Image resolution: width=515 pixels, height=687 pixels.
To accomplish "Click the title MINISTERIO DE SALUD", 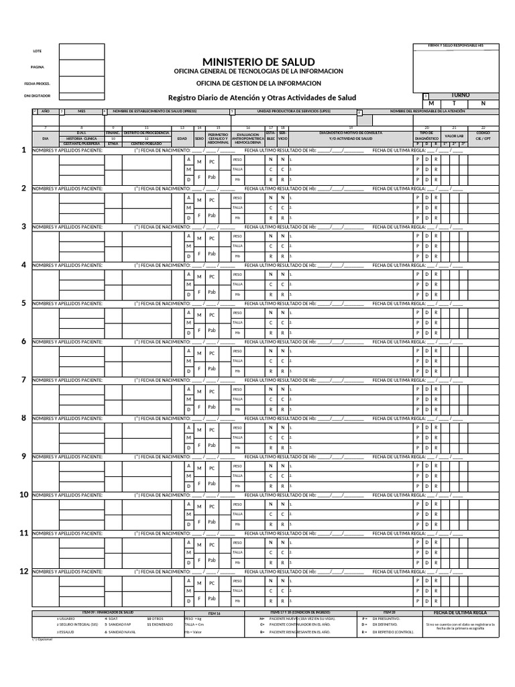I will [x=258, y=62].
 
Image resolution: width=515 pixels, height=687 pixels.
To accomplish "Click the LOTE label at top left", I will [x=37, y=52].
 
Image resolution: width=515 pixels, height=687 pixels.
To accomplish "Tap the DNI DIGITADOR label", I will [x=37, y=96].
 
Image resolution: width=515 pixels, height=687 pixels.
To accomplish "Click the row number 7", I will [x=23, y=380].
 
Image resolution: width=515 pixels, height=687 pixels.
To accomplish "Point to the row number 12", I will [x=23, y=571].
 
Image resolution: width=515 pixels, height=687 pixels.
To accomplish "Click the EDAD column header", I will [x=182, y=138].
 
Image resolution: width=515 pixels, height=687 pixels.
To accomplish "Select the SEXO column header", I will [x=198, y=138].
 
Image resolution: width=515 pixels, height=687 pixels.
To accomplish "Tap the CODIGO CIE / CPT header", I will [x=483, y=136].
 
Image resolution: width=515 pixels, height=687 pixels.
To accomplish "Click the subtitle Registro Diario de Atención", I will [x=258, y=97].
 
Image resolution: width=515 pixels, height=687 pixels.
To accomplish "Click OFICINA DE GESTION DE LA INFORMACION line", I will [x=258, y=83].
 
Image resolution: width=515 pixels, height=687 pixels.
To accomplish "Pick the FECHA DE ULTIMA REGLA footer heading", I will [x=460, y=613].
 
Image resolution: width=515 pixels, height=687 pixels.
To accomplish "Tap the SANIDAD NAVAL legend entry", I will [x=123, y=631].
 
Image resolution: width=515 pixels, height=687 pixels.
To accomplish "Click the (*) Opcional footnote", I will [x=42, y=639].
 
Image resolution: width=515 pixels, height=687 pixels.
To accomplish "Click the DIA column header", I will [x=46, y=138].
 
